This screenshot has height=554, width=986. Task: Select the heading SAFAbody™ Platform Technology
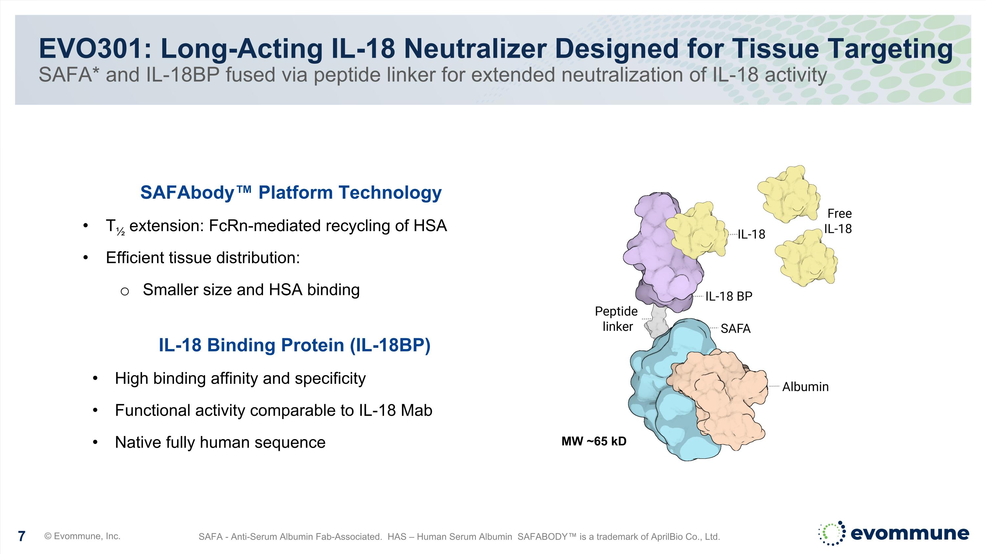(x=291, y=192)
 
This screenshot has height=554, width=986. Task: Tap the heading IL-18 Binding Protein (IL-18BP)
(x=295, y=345)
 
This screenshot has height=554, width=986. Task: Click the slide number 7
(x=22, y=536)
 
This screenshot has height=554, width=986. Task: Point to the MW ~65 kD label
(x=594, y=441)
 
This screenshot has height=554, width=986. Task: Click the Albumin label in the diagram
(x=805, y=387)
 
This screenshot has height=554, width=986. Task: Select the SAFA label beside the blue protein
(x=735, y=328)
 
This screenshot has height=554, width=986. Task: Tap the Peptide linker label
(x=616, y=319)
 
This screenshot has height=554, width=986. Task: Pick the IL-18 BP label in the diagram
(x=729, y=296)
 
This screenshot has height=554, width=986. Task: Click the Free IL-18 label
(x=838, y=221)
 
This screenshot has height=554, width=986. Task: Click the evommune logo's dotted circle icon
(x=832, y=533)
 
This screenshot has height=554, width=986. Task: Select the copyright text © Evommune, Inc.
(x=82, y=536)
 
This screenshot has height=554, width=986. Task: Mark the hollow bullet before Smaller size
(x=124, y=292)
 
